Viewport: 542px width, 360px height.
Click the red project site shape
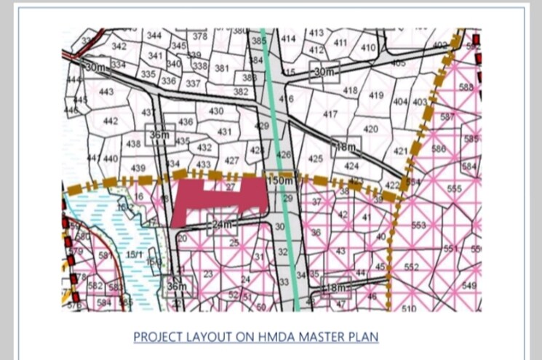click(x=218, y=199)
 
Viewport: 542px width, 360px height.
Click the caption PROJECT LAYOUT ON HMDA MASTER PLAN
click(x=256, y=337)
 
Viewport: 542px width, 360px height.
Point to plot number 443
click(x=106, y=92)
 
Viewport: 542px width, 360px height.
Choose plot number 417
click(x=330, y=115)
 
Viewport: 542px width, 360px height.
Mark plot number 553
click(x=418, y=225)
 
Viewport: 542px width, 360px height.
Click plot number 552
click(x=411, y=267)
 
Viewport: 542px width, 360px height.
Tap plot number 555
click(x=454, y=189)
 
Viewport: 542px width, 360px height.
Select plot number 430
click(x=216, y=111)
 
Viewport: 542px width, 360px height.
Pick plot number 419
click(x=376, y=95)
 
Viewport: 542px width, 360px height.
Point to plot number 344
click(x=154, y=36)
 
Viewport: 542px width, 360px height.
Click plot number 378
click(x=200, y=36)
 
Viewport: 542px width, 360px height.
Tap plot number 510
click(x=409, y=308)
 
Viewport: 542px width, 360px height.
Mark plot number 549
click(x=469, y=286)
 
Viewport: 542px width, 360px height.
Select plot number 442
click(x=111, y=121)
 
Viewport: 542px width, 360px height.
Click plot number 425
click(x=316, y=159)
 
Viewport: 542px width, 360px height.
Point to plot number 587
click(x=447, y=117)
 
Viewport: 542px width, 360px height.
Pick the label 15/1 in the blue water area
click(x=135, y=255)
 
